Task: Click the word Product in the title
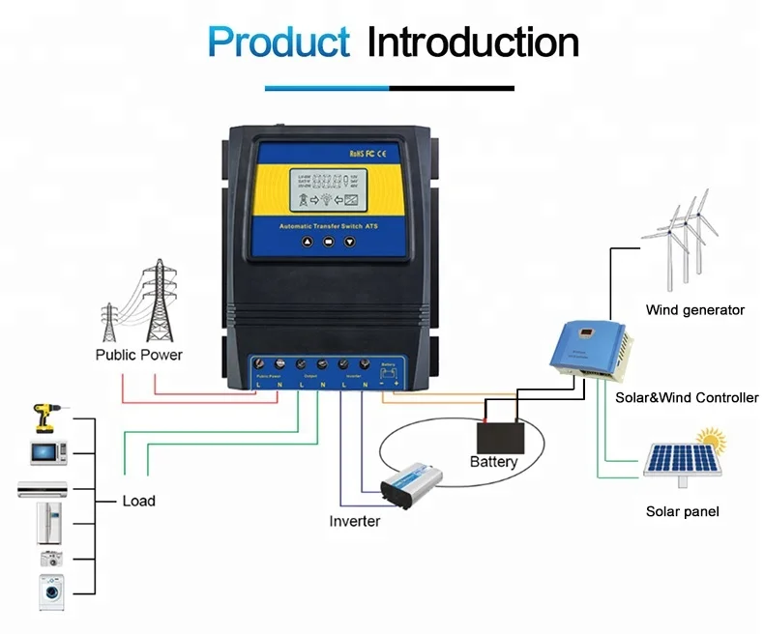coord(279,43)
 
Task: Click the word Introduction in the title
coord(473,43)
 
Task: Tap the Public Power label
coord(138,355)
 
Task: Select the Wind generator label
coord(694,310)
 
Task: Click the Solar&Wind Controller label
coord(687,397)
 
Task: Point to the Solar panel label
coord(682,511)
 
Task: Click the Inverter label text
coord(354,522)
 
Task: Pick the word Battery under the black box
coord(493,462)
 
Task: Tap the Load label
coord(138,501)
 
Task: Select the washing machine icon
coord(51,591)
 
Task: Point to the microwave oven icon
coord(48,451)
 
